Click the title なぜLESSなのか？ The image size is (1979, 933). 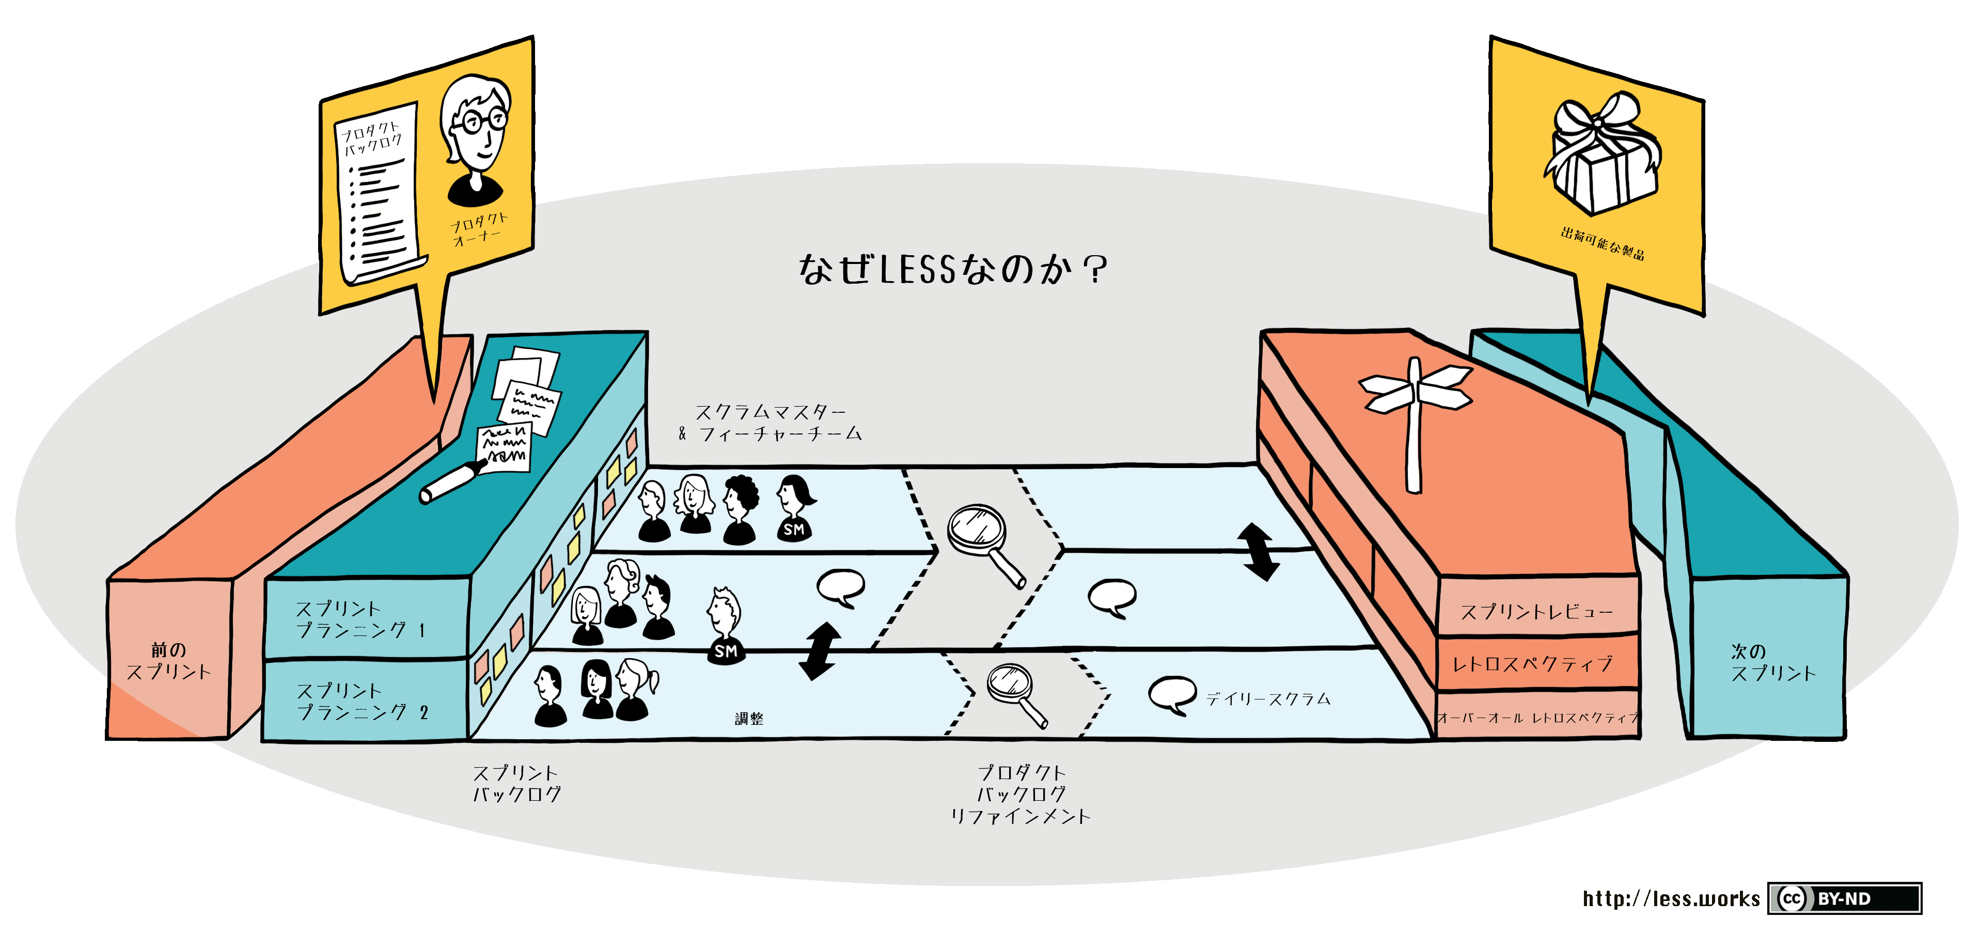(x=953, y=270)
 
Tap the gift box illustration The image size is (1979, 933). (x=1602, y=154)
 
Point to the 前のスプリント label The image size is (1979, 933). (x=169, y=661)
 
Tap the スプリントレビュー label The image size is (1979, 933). (x=1536, y=612)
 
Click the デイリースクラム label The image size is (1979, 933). (x=1268, y=698)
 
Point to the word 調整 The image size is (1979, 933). (x=749, y=719)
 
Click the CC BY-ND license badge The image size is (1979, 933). (x=1844, y=898)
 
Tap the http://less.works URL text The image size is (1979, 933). (x=1671, y=898)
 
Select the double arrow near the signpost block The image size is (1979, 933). (x=1258, y=552)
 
